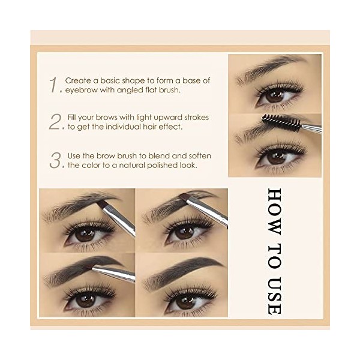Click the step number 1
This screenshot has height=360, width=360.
[55, 85]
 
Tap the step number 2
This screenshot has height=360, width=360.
[56, 122]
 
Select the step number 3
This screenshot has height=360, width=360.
[56, 161]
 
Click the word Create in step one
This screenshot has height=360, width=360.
[78, 80]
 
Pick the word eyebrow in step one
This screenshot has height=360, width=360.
[81, 89]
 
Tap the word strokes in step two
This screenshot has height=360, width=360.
[191, 118]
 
